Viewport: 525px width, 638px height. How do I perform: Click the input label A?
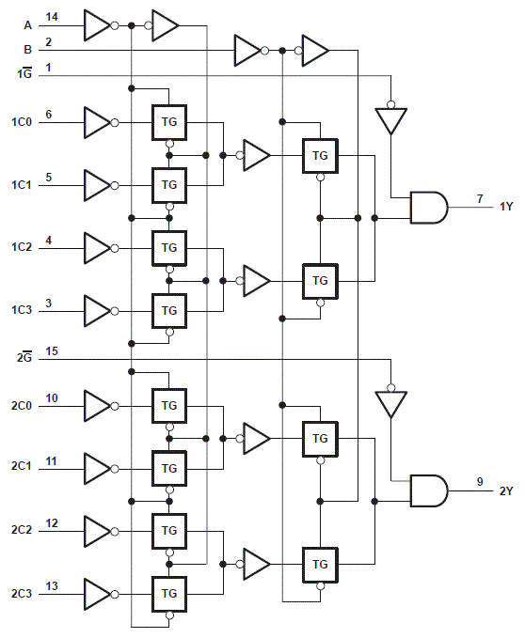[x=27, y=25]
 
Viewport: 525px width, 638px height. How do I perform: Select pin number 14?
[x=52, y=17]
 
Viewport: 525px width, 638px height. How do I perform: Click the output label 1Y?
[x=505, y=206]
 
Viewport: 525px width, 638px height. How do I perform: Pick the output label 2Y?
[x=505, y=490]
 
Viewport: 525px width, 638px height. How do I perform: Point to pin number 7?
[x=479, y=199]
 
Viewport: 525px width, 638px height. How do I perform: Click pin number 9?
[x=479, y=482]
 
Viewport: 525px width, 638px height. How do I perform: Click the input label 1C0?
[x=22, y=122]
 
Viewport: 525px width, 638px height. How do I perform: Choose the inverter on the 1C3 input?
[x=97, y=310]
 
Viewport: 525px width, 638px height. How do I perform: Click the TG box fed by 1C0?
[x=169, y=121]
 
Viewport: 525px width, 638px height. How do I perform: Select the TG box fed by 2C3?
[x=169, y=594]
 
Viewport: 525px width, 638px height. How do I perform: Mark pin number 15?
[x=52, y=351]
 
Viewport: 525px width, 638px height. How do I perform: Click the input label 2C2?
[x=22, y=530]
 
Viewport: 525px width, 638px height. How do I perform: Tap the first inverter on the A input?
[x=97, y=25]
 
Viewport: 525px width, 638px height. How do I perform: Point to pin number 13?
[x=52, y=586]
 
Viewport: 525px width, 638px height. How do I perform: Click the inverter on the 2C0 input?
[x=97, y=406]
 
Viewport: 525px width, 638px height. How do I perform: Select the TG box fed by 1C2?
[x=169, y=247]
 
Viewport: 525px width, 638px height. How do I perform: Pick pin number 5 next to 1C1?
[x=49, y=177]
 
